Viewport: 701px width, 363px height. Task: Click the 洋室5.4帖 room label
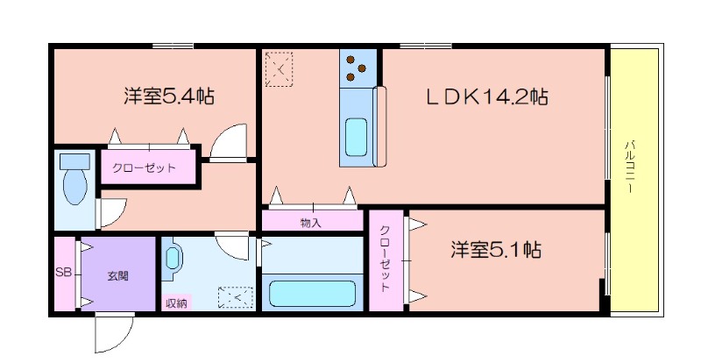[168, 96]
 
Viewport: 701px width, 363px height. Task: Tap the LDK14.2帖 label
[487, 96]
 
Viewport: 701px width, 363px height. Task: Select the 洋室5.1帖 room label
[495, 250]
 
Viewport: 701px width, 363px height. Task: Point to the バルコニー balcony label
[629, 167]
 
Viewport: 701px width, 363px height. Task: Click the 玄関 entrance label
[117, 275]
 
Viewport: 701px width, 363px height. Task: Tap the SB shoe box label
[63, 272]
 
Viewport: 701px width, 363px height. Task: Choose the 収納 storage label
[176, 303]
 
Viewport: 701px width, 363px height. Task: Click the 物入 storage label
[311, 223]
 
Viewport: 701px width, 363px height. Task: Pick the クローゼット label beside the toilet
[144, 168]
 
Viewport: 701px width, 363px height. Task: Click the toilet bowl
[75, 187]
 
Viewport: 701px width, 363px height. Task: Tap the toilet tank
[75, 160]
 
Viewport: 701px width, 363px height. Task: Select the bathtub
[313, 294]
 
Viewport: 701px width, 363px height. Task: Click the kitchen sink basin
[357, 137]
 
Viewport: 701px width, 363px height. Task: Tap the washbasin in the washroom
[172, 259]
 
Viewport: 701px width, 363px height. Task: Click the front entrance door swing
[115, 333]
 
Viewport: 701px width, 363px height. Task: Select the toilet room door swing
[112, 212]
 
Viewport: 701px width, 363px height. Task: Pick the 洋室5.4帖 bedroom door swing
[229, 142]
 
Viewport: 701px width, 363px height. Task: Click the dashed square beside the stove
[279, 69]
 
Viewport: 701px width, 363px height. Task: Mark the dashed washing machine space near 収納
[235, 297]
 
